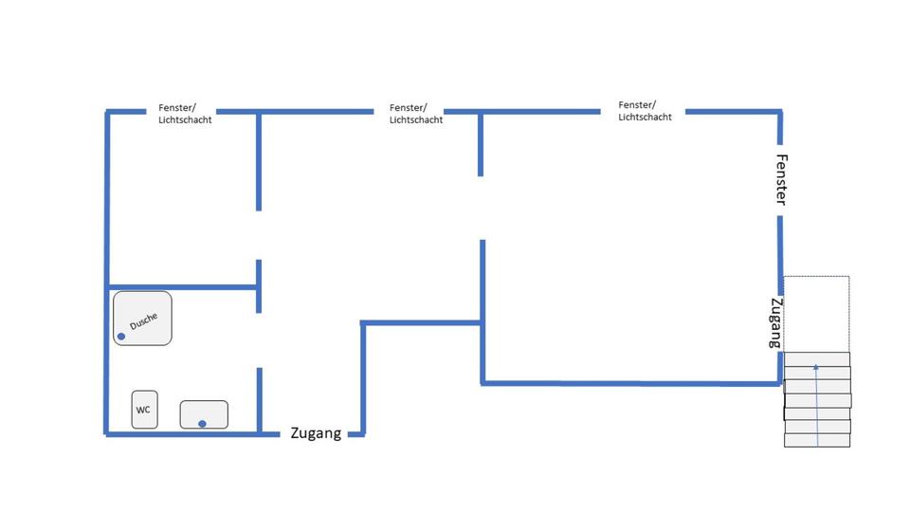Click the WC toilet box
(144, 410)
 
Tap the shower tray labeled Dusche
(142, 318)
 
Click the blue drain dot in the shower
(121, 337)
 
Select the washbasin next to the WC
(204, 414)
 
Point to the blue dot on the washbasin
(202, 423)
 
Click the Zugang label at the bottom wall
(316, 433)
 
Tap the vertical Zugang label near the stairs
(775, 323)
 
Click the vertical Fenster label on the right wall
(782, 179)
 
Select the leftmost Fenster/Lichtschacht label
(185, 114)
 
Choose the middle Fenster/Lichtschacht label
(416, 114)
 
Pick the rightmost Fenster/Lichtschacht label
(645, 111)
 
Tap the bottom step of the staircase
(816, 440)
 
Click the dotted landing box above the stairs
(816, 313)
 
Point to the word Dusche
(144, 321)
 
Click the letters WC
(143, 411)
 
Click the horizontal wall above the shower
(182, 286)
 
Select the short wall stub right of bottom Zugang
(355, 434)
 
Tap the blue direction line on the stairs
(816, 403)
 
